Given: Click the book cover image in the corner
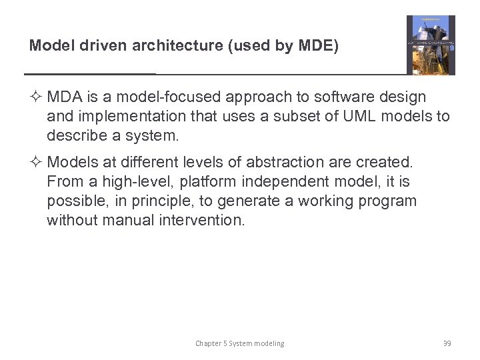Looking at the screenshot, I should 431,45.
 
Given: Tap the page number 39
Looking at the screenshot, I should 447,343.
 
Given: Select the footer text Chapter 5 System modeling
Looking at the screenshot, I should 239,343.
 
